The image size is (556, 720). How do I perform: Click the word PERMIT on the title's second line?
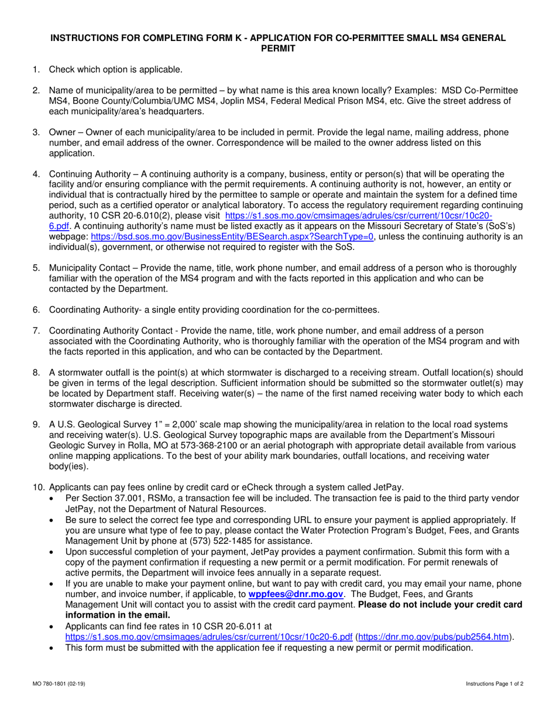278,48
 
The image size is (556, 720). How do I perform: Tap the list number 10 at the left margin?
38,487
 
